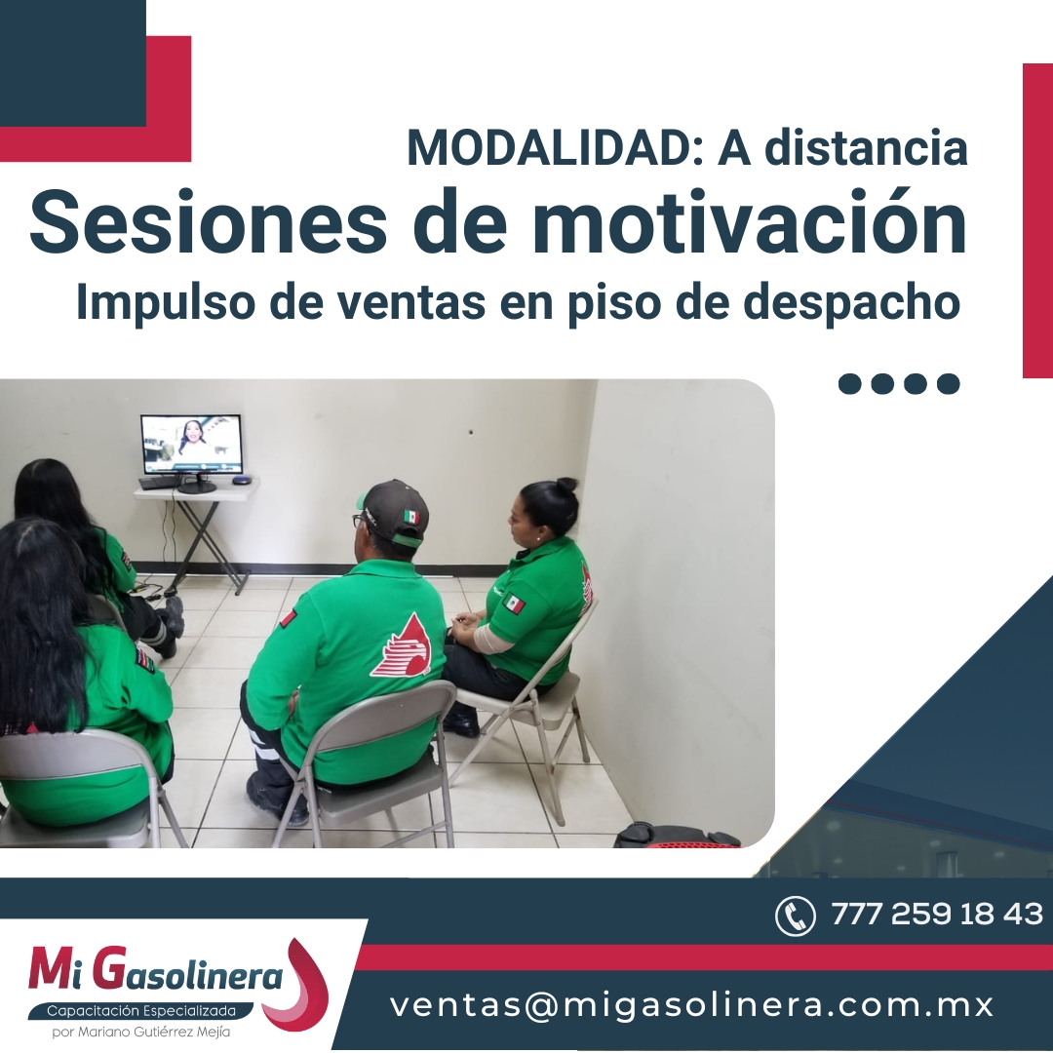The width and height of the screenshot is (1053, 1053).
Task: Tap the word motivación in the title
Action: click(750, 220)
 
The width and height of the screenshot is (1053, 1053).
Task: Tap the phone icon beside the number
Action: click(796, 916)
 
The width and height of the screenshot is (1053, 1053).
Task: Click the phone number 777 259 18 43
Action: click(937, 914)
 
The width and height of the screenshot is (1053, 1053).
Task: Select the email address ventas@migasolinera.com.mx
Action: click(691, 1004)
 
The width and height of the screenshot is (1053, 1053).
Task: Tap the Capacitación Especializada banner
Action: click(141, 1011)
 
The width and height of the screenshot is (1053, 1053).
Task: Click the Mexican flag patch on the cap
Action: click(411, 517)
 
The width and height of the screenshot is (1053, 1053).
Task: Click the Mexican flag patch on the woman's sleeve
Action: click(514, 603)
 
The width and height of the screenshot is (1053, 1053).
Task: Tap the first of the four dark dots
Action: click(850, 383)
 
